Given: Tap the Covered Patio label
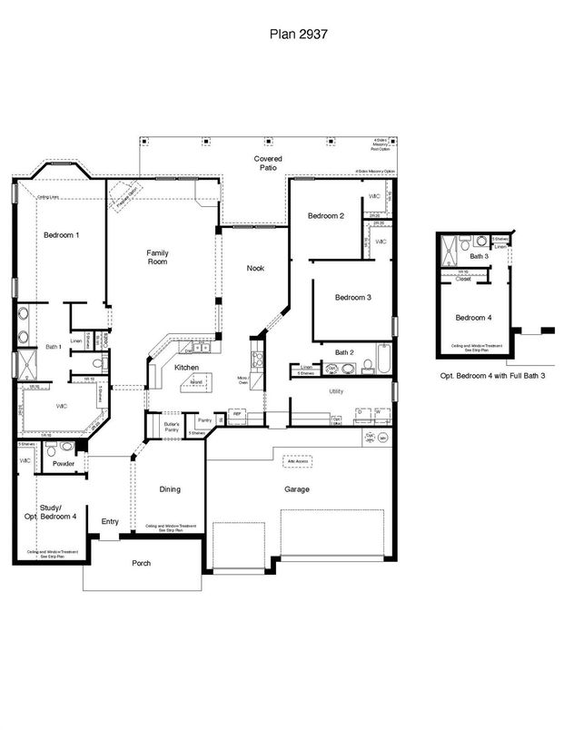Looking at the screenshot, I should pyautogui.click(x=268, y=164).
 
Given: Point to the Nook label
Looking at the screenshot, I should pyautogui.click(x=256, y=268).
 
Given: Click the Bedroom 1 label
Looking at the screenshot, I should pyautogui.click(x=62, y=235).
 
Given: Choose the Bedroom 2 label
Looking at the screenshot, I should pyautogui.click(x=325, y=215).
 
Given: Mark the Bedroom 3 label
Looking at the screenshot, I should pyautogui.click(x=352, y=298).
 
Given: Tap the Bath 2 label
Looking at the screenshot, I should pyautogui.click(x=345, y=352).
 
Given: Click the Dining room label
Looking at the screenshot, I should pyautogui.click(x=170, y=488).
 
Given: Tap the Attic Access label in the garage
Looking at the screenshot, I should pyautogui.click(x=297, y=461).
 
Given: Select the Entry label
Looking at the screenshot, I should pyautogui.click(x=110, y=521).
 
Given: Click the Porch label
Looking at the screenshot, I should pyautogui.click(x=140, y=563).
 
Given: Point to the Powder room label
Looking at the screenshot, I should pyautogui.click(x=64, y=463).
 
